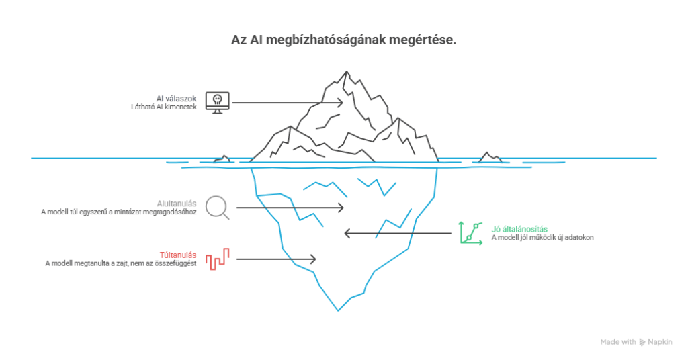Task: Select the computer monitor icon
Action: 217,102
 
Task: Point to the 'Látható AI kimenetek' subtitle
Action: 164,107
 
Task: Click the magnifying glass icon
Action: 218,207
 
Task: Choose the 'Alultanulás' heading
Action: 176,201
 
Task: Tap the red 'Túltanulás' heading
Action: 177,255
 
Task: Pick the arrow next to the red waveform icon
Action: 276,259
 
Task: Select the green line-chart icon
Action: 470,232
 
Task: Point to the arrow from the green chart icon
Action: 397,233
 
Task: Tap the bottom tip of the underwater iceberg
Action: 338,310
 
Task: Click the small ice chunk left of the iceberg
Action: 222,159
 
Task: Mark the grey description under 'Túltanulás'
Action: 120,263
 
